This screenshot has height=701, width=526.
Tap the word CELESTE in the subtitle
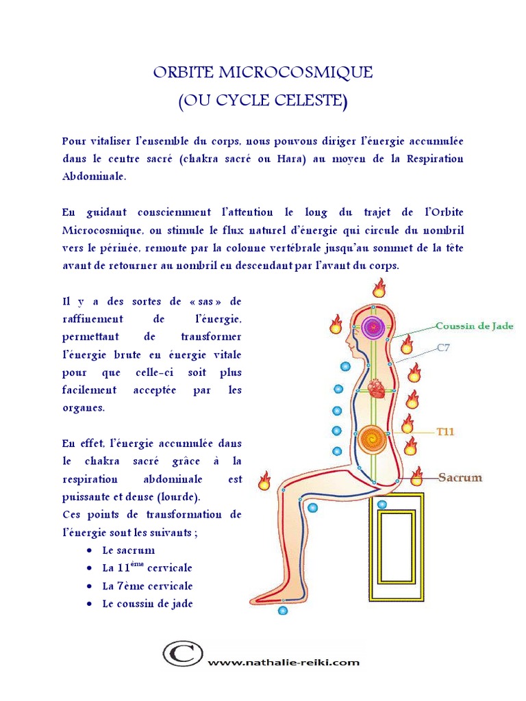[308, 102]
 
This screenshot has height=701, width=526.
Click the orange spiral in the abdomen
[373, 435]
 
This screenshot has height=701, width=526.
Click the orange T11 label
[446, 433]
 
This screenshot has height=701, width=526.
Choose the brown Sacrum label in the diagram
[460, 477]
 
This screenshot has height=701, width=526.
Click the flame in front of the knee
[264, 481]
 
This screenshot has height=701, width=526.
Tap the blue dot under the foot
[282, 609]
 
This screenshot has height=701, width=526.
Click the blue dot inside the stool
[382, 505]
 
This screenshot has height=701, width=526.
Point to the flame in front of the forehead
[336, 323]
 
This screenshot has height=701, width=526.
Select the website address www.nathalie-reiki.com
[283, 663]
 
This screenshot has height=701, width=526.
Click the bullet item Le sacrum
[128, 550]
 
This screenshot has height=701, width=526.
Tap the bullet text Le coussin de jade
[147, 604]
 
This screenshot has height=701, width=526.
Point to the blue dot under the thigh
[313, 508]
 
